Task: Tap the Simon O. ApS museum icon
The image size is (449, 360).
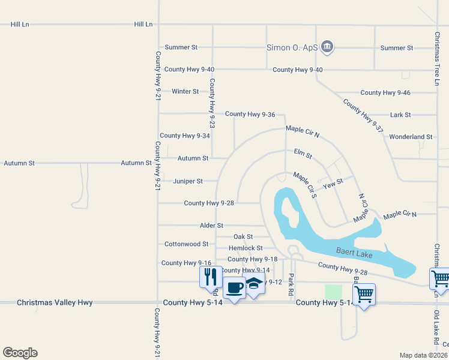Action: [328, 46]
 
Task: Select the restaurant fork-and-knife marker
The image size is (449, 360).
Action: [211, 276]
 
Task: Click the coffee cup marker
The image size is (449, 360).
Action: [234, 287]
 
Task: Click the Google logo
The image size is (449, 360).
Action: [20, 353]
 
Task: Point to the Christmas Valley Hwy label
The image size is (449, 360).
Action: [55, 303]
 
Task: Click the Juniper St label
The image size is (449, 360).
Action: [188, 181]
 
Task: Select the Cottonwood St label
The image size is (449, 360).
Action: [186, 244]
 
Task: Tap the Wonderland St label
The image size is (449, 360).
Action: [411, 137]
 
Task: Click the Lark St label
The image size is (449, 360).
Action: [400, 115]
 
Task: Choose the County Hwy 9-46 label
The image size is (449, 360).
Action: [385, 92]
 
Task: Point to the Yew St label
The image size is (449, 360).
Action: [333, 183]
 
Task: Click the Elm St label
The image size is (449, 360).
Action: [303, 155]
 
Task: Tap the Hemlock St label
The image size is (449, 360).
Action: [246, 248]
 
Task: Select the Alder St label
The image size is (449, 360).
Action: [211, 226]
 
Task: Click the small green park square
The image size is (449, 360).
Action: [333, 292]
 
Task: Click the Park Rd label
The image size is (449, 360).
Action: [291, 280]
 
